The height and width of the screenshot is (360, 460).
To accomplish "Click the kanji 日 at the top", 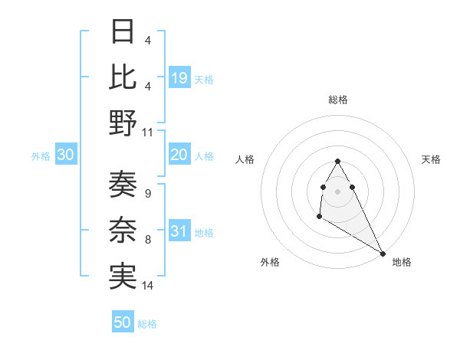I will [x=123, y=32].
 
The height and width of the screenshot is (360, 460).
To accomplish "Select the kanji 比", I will [x=123, y=77].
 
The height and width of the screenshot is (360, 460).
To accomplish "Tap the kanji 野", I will [x=123, y=123].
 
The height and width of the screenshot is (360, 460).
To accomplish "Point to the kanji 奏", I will [x=123, y=184].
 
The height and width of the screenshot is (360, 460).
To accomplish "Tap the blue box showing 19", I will [x=179, y=77].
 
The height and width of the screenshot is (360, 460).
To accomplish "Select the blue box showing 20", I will [x=179, y=155].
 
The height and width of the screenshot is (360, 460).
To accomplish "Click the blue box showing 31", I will [x=179, y=232].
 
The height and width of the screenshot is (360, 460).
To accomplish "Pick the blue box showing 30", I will [x=66, y=155].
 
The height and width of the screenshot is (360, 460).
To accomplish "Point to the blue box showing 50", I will [x=123, y=322].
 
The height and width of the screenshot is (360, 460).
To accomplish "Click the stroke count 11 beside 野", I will [x=148, y=132].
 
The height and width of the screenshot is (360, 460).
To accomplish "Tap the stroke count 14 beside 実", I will [x=148, y=286].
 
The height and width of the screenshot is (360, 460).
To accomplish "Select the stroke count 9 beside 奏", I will [x=147, y=193].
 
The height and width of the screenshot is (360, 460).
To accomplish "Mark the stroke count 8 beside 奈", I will [x=147, y=240].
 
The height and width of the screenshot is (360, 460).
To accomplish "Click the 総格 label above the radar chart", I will [x=337, y=100].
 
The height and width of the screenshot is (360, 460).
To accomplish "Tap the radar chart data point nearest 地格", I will [x=383, y=252].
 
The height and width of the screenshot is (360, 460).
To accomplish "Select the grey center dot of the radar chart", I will [x=337, y=190].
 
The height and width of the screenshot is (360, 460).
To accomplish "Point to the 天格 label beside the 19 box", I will [x=204, y=79].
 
